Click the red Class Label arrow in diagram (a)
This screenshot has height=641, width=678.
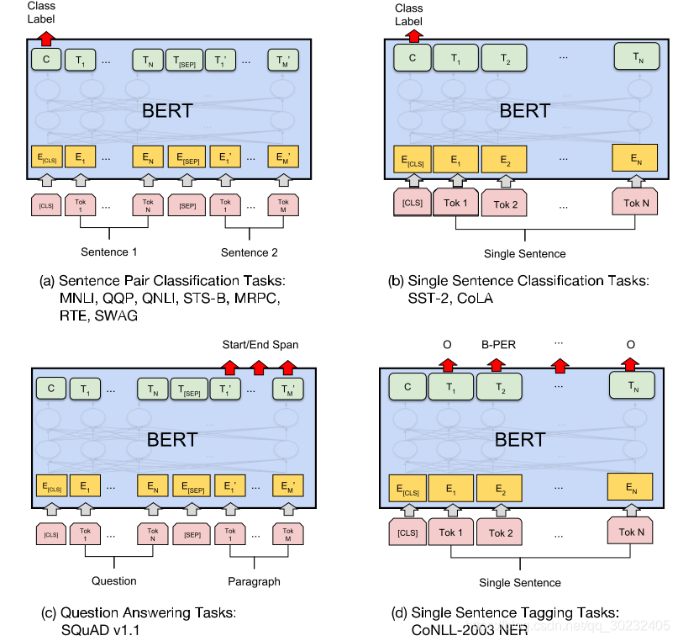47,37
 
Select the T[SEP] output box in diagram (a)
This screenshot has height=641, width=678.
184,60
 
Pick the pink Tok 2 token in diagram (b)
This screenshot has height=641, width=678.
505,204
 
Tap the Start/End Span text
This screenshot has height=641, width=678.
259,344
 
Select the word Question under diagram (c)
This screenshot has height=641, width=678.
113,580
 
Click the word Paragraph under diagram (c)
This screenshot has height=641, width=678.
253,580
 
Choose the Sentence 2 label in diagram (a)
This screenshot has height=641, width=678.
249,252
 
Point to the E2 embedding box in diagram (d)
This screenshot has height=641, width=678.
501,487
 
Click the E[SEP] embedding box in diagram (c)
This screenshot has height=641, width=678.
190,485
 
